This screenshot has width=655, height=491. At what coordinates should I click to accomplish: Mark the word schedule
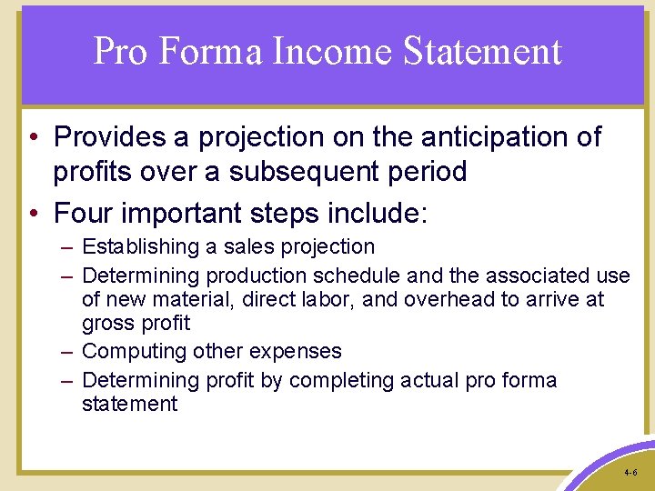pyautogui.click(x=359, y=275)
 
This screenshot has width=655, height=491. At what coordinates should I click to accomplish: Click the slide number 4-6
pyautogui.click(x=630, y=474)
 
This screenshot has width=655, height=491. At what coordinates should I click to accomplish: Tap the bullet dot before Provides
pyautogui.click(x=32, y=138)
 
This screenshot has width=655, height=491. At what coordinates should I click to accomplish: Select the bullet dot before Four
pyautogui.click(x=32, y=214)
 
